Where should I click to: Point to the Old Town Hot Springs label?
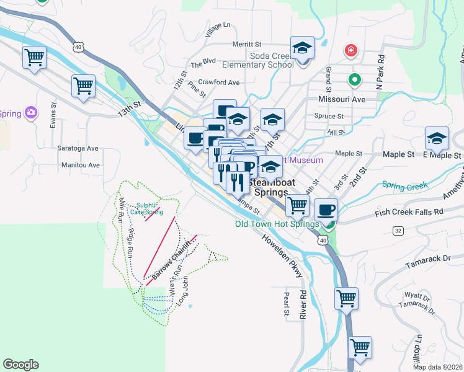click(x=277, y=224)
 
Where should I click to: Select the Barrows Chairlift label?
click(x=169, y=255)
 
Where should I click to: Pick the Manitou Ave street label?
click(x=81, y=166)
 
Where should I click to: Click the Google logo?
click(x=20, y=365)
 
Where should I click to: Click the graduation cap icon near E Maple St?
click(x=437, y=139)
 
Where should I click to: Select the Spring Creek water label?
click(x=401, y=184)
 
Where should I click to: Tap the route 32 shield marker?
click(x=398, y=231)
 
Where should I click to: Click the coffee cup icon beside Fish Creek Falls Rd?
click(x=326, y=210)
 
